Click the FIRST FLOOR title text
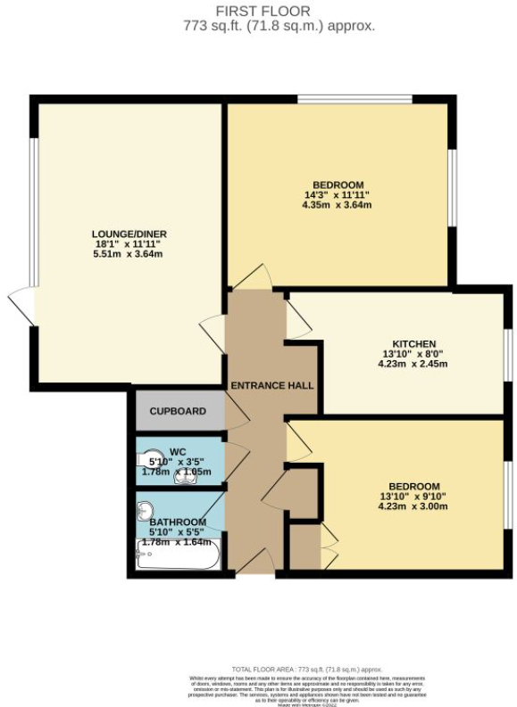(263, 12)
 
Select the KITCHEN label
(414, 343)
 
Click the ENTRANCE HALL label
(272, 385)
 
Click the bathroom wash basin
(146, 513)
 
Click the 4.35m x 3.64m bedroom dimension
(337, 205)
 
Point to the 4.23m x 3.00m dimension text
(412, 506)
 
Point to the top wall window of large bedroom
(354, 100)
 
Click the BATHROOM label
(178, 522)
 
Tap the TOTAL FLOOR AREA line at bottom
(307, 668)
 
